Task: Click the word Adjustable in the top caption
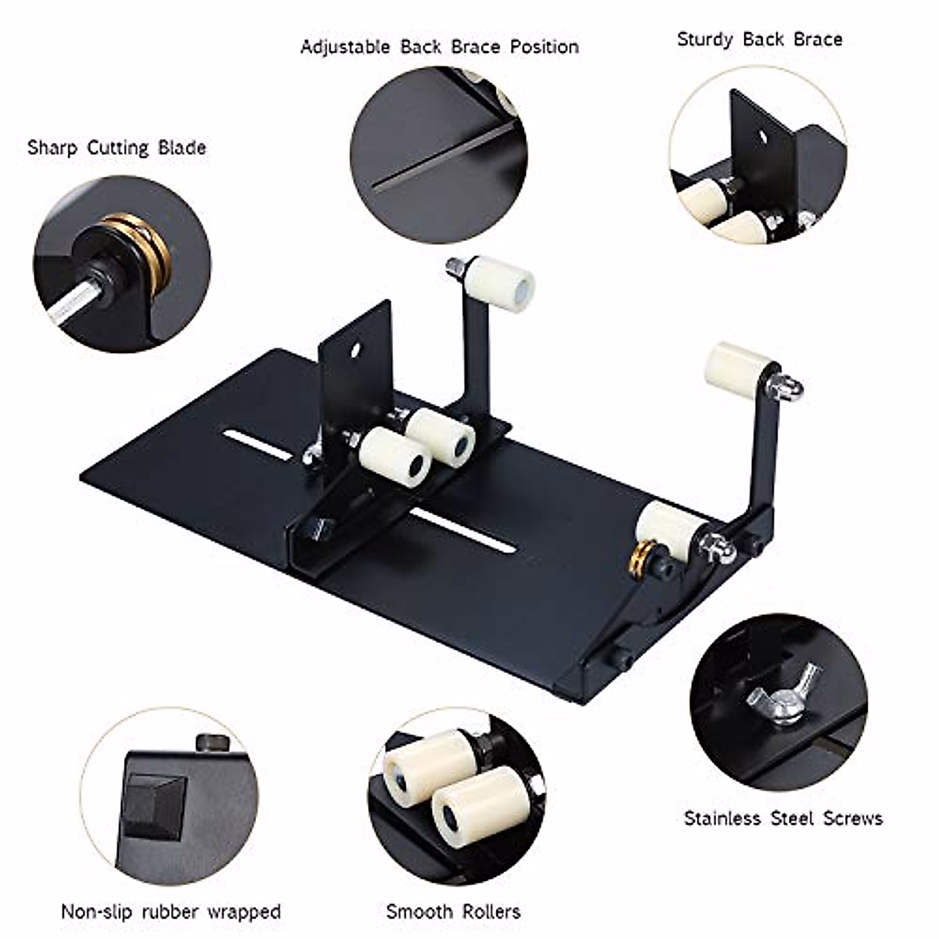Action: [346, 47]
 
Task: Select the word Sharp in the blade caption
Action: [52, 147]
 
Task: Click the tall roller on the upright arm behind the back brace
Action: [501, 283]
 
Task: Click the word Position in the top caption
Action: [545, 47]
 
